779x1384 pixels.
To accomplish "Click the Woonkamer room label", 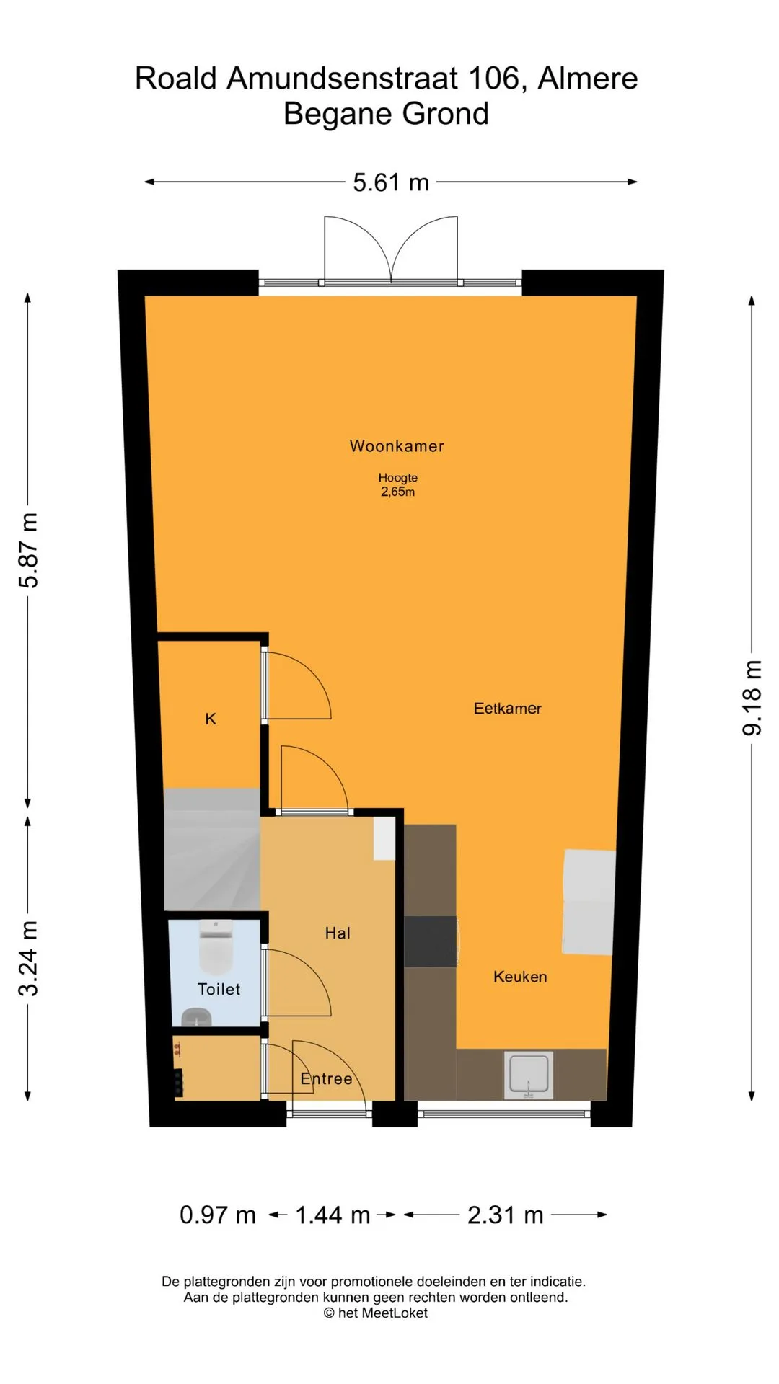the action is (x=397, y=446).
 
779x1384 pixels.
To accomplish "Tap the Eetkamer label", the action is (x=507, y=709).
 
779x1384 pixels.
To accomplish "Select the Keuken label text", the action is (x=520, y=977).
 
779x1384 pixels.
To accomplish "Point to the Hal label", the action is (x=338, y=933).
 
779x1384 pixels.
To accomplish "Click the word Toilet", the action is (x=219, y=989).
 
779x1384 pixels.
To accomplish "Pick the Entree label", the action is (x=326, y=1079).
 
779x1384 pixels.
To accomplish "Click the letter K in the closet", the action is (x=211, y=719).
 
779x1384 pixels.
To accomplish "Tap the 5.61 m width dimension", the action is (x=391, y=182).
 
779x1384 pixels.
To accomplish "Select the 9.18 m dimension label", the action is (x=752, y=698).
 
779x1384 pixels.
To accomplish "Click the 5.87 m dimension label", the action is (x=28, y=551).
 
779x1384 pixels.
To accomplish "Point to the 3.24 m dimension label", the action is (x=28, y=959).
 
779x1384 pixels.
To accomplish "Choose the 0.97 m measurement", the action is (x=218, y=1215).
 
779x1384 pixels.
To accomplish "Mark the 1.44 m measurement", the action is (x=333, y=1215).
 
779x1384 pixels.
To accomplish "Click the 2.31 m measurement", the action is (x=505, y=1215).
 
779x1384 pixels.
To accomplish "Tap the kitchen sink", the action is (x=529, y=1075).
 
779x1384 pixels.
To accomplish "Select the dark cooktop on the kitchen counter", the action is (x=431, y=941).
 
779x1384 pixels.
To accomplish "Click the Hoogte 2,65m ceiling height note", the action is (x=398, y=484).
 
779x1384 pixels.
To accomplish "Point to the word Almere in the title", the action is (x=588, y=79).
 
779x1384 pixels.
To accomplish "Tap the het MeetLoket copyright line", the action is (x=376, y=1313).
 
